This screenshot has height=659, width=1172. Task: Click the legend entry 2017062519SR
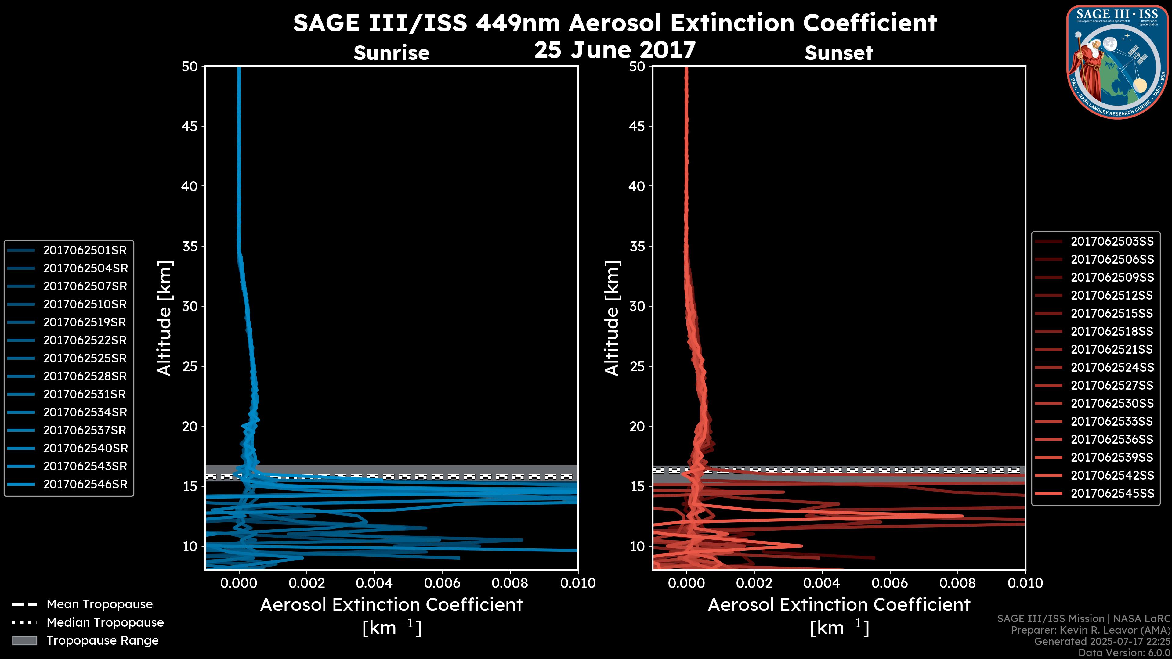[84, 322]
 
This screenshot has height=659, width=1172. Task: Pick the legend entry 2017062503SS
[1112, 242]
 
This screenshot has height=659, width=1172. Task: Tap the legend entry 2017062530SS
[1112, 403]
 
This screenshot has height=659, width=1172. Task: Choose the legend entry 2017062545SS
[1112, 493]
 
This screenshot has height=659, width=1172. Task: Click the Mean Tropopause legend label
[99, 604]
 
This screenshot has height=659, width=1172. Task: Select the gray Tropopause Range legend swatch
[24, 640]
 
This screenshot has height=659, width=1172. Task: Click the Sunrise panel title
[391, 53]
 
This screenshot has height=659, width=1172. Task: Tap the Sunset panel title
[838, 53]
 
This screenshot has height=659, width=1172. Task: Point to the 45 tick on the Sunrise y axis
[190, 126]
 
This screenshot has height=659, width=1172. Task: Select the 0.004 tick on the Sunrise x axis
[374, 583]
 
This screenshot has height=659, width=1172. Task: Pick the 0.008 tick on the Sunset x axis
[958, 583]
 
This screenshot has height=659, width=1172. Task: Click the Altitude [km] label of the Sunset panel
[612, 318]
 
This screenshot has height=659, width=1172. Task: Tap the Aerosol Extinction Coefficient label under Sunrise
[391, 605]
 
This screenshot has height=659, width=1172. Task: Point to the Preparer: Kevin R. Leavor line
[1090, 630]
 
